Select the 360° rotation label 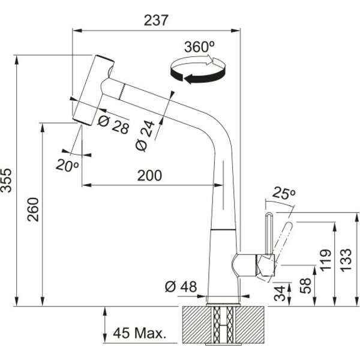tap(199, 46)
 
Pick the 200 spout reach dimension tap(149, 175)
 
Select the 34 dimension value tap(282, 294)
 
